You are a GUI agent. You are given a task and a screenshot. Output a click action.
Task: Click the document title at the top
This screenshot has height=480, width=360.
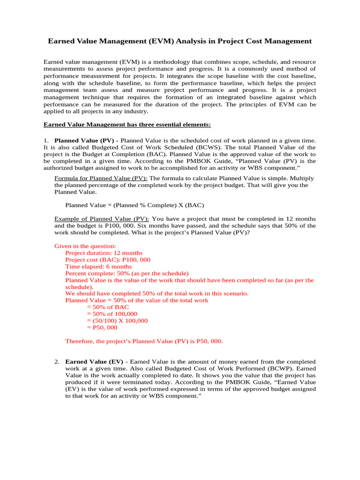(180, 41)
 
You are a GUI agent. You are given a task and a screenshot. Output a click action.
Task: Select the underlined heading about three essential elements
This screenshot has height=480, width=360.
(127, 124)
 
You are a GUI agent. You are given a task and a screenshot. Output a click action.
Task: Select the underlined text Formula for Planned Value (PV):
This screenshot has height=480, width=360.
(101, 178)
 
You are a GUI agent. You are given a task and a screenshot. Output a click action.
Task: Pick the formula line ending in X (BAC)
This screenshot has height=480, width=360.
(135, 205)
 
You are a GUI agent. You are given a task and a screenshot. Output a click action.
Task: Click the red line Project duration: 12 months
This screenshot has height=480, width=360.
(104, 253)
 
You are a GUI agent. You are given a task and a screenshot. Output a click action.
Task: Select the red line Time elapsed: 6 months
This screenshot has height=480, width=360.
(98, 267)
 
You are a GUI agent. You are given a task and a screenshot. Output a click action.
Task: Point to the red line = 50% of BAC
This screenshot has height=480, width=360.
(108, 307)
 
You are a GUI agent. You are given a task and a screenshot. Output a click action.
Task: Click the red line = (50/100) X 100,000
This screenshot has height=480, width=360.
(117, 321)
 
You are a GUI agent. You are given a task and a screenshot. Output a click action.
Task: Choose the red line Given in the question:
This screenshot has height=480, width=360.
(85, 246)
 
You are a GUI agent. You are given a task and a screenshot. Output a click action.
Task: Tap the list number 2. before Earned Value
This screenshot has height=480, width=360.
(56, 362)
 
